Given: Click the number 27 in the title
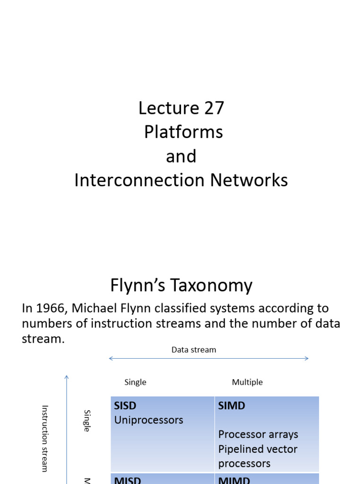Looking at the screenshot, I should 214,108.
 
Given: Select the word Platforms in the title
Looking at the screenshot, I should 183,132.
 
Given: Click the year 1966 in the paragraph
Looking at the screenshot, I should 52,308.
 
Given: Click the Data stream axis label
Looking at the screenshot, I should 194,350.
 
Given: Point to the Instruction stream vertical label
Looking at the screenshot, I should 45,438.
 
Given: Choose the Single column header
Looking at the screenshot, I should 135,382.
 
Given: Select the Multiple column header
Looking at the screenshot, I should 247,382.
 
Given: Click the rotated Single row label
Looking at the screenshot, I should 87,420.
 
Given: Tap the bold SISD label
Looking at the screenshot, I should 125,406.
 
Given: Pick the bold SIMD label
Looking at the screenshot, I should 232,406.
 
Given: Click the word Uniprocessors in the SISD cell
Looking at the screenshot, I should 148,420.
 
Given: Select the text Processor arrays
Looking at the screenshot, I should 258,434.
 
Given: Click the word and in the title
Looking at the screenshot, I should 181,156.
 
